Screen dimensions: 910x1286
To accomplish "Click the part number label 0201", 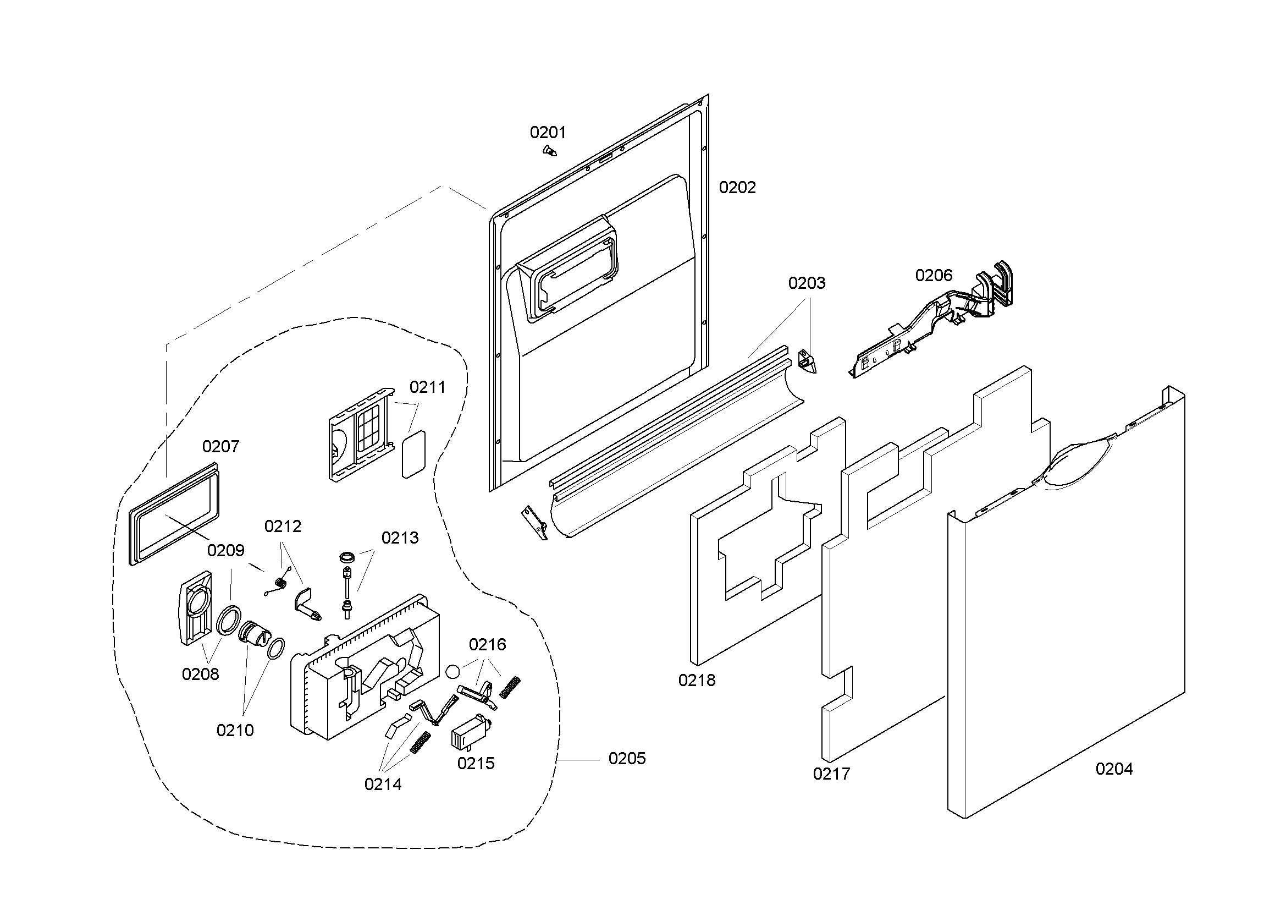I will click(x=548, y=133).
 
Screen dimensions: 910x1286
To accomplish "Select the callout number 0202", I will click(x=737, y=187).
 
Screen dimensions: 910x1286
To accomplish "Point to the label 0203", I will click(x=807, y=283).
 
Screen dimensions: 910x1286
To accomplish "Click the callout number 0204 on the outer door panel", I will click(x=1113, y=769).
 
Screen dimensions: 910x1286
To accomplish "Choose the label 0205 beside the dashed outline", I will click(x=627, y=758).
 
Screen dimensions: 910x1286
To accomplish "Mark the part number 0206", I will click(x=934, y=275).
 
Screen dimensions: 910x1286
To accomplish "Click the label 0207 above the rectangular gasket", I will click(x=220, y=446).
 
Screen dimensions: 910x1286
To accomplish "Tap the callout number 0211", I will click(x=427, y=387).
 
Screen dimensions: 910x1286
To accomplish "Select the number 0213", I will click(x=400, y=538).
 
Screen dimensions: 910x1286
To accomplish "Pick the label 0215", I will click(x=476, y=763).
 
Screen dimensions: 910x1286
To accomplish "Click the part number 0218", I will click(x=697, y=680).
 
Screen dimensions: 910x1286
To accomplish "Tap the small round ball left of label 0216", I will click(x=453, y=671).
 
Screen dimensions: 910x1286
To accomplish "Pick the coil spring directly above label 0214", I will click(x=420, y=742).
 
